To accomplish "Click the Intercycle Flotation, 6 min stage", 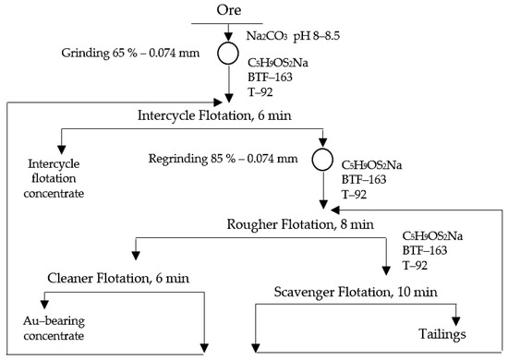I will tap(229, 115).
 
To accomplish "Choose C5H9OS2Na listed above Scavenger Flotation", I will tap(431, 237).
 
